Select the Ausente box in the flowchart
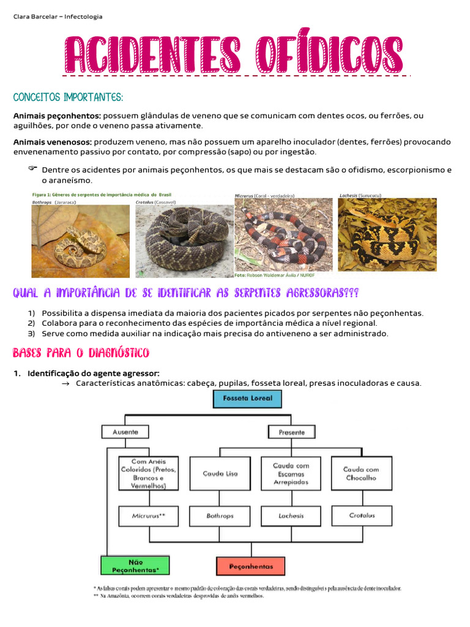125,432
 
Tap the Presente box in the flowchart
291,432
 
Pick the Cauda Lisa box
220,473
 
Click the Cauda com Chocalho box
361,473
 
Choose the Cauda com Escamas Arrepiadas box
291,473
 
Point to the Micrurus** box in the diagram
148,516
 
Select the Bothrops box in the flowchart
220,516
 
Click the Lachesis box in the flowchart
291,516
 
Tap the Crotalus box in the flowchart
361,516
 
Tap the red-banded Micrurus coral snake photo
283,234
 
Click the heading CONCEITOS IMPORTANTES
68,98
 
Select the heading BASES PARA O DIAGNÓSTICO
81,353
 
